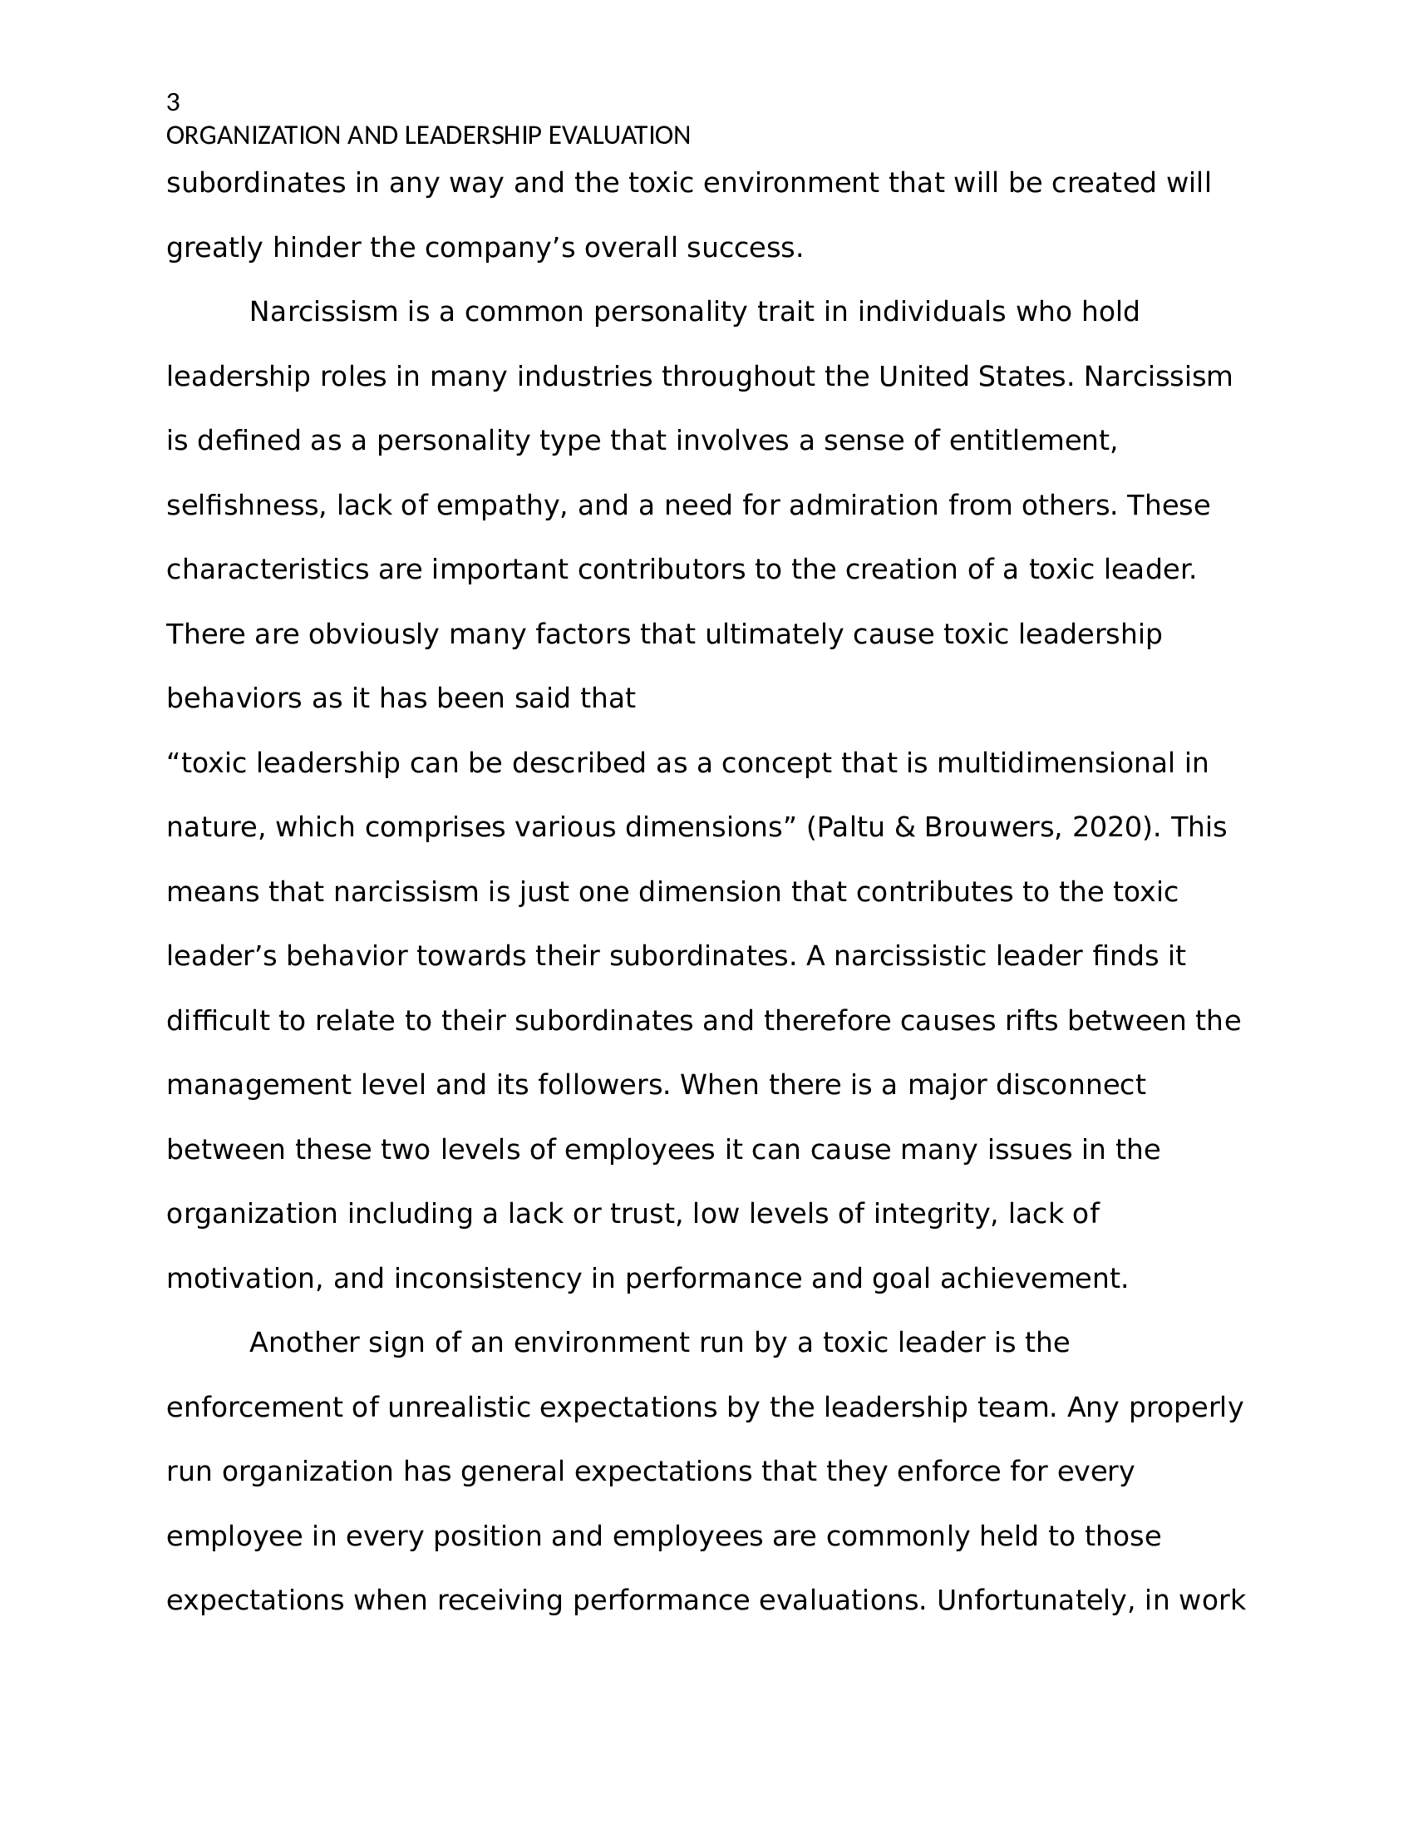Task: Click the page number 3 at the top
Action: pyautogui.click(x=172, y=103)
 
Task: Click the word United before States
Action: pyautogui.click(x=923, y=377)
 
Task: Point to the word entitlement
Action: pyautogui.click(x=1032, y=441)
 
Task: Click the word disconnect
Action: pyautogui.click(x=1070, y=1085)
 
